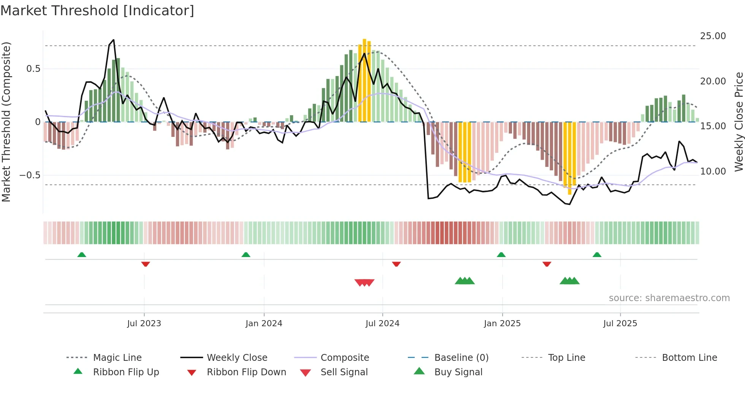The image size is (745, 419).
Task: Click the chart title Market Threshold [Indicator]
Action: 97,11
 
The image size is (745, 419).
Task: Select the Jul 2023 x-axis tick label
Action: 144,324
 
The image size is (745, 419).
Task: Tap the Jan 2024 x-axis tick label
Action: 264,324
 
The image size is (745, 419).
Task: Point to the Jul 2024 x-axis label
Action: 382,324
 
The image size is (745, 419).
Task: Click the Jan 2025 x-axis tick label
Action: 502,324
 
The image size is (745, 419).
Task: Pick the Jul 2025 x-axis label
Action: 620,324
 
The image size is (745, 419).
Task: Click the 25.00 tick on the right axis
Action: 713,36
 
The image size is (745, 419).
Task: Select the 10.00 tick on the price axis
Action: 713,171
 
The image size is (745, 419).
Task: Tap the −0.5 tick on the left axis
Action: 30,175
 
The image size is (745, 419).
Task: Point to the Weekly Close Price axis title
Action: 739,122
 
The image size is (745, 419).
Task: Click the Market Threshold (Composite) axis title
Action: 6,122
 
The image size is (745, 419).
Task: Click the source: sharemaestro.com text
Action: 669,298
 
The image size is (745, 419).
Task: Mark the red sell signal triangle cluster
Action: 364,283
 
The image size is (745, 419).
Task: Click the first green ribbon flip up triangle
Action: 82,255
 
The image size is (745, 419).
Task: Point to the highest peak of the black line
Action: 113,40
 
